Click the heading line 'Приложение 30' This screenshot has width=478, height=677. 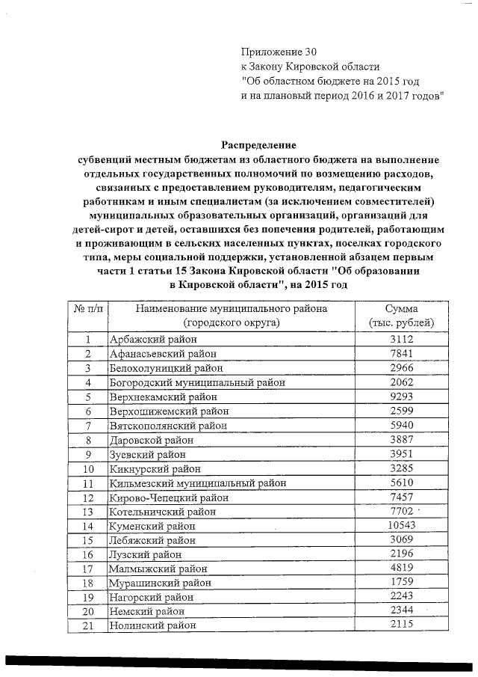[x=279, y=52]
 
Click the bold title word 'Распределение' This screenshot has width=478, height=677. [x=258, y=144]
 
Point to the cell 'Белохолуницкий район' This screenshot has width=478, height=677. [x=162, y=368]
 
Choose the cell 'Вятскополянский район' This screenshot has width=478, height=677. [x=168, y=426]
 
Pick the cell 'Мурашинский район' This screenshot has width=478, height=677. [x=160, y=583]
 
